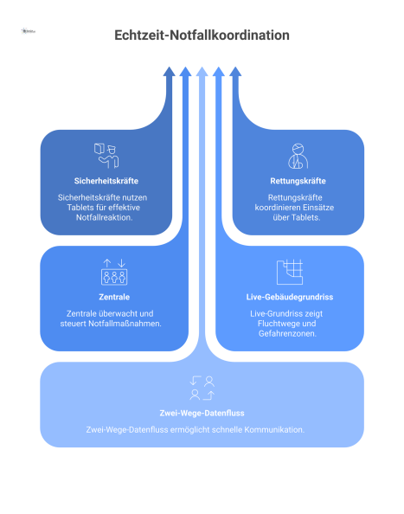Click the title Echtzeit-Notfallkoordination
[x=202, y=35]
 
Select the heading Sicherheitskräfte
[x=106, y=181]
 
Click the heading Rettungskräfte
[x=297, y=181]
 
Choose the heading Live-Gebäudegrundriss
[x=290, y=297]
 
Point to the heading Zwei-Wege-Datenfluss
[x=202, y=413]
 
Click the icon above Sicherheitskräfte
[x=106, y=155]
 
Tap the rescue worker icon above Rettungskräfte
[x=297, y=155]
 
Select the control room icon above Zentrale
[x=114, y=271]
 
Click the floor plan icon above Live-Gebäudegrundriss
[x=290, y=271]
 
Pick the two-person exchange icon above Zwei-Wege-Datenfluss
[x=202, y=387]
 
